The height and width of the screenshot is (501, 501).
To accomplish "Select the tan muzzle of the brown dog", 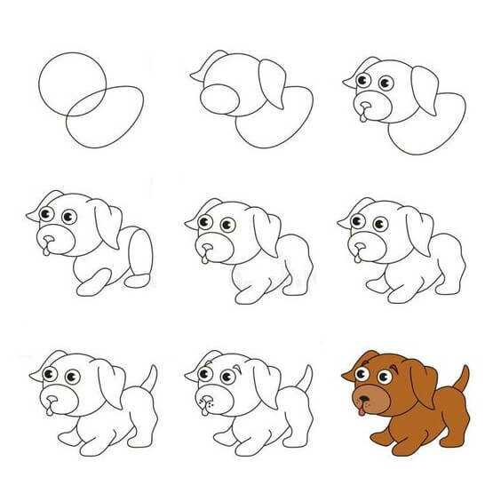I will (x=367, y=397).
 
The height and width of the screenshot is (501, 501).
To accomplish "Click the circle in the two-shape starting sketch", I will (x=72, y=83).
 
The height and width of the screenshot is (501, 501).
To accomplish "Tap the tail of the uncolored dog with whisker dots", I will (x=305, y=380).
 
